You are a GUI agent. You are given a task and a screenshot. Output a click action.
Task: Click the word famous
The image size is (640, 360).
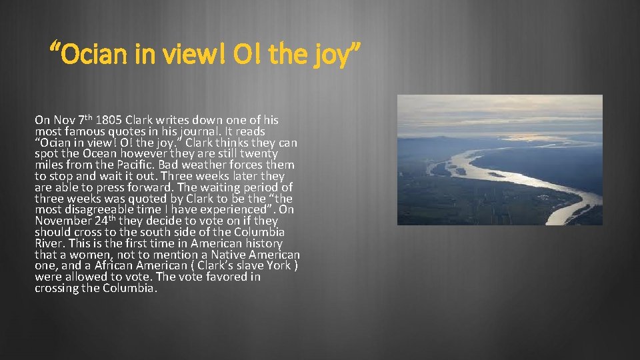(85, 132)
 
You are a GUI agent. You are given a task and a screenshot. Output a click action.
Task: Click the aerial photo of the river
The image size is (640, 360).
(499, 160)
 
